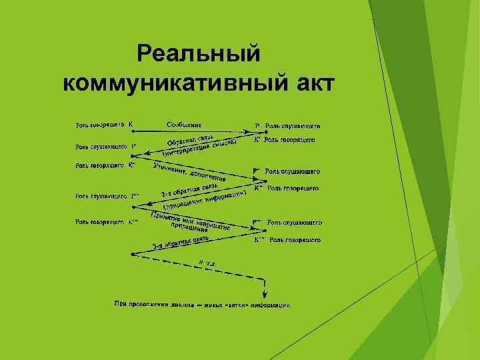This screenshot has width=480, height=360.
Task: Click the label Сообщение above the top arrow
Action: [x=185, y=123]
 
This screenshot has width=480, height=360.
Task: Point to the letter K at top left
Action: [x=131, y=123]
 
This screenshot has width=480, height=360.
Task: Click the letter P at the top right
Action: [x=257, y=125]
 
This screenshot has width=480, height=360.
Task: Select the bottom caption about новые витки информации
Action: [x=201, y=305]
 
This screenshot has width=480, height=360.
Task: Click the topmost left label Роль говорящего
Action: [x=99, y=124]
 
